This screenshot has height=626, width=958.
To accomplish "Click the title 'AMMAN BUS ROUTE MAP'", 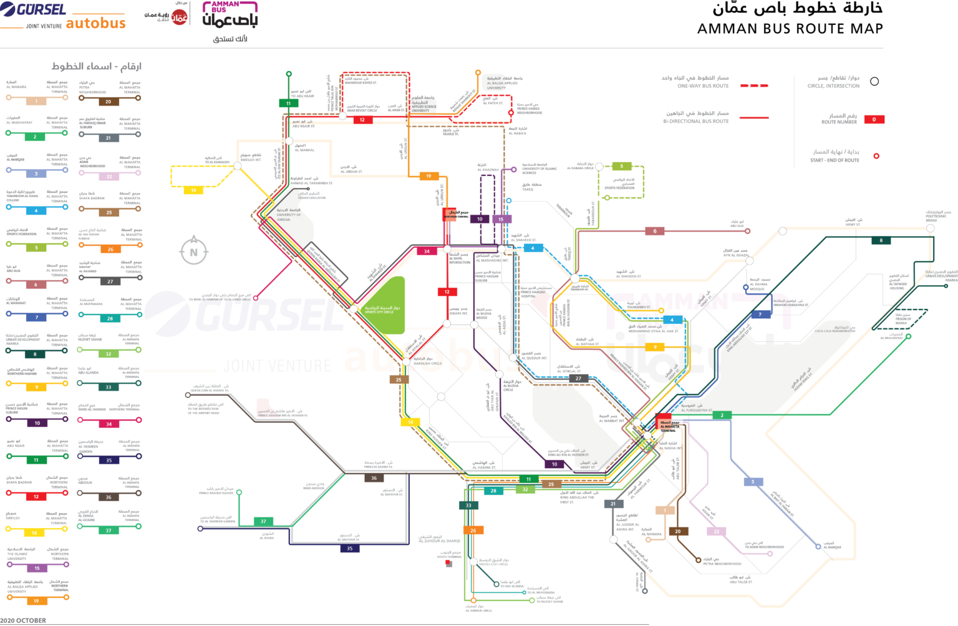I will click(790, 29).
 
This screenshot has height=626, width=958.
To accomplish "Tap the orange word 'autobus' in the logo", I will click(95, 24).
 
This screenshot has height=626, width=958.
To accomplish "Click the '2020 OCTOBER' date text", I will click(23, 620).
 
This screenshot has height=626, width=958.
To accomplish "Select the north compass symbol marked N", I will click(193, 252).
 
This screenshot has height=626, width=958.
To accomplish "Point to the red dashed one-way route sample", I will click(754, 86).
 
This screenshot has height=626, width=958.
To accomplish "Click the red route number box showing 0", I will click(874, 119).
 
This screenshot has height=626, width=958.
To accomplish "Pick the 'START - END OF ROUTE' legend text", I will click(835, 160).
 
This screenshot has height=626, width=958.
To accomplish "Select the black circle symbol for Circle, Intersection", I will click(874, 82).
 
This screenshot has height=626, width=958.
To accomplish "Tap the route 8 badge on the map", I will click(881, 240).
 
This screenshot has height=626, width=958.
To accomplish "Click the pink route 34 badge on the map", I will click(427, 252).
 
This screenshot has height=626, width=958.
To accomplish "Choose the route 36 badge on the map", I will click(374, 478).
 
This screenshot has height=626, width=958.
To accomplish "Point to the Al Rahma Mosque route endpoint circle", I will click(745, 288).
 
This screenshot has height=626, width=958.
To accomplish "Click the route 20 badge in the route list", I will click(108, 101).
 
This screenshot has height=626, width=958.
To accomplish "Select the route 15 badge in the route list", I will click(37, 568).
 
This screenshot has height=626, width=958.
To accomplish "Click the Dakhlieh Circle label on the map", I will click(427, 361).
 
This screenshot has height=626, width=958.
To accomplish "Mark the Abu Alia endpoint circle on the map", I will click(748, 231).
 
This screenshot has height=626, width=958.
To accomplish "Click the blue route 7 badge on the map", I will click(760, 315).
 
